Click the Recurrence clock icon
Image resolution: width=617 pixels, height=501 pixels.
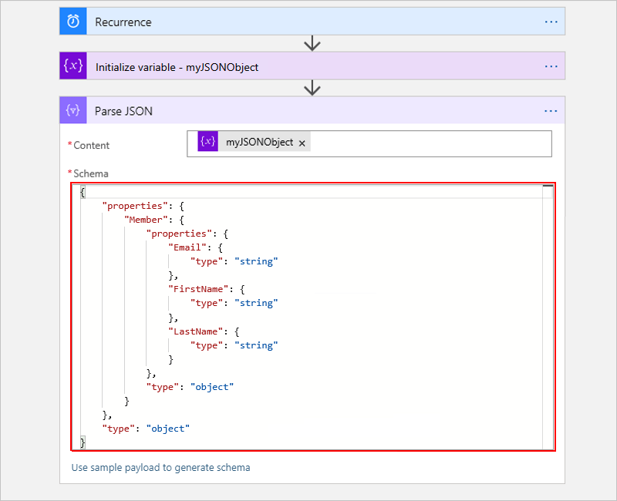(72, 22)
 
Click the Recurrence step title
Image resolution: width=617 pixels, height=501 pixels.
(123, 22)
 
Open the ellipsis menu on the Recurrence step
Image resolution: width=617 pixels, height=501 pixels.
(551, 22)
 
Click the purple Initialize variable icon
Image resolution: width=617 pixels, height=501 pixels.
(72, 66)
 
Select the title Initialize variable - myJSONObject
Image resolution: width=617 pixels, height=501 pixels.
(177, 67)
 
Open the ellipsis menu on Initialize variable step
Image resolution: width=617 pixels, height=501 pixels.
(551, 66)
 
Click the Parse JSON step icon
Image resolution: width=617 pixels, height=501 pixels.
(72, 111)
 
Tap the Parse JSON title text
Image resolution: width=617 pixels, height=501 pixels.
(123, 111)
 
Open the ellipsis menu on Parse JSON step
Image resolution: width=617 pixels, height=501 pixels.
(551, 111)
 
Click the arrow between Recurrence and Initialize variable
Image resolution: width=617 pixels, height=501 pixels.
(312, 43)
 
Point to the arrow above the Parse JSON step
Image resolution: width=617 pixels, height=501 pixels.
(312, 88)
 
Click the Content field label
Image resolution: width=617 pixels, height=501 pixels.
(91, 145)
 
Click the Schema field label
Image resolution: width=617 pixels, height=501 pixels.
(90, 173)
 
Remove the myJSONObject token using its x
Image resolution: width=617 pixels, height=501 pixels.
(302, 143)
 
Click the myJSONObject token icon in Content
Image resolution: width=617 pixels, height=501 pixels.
(207, 142)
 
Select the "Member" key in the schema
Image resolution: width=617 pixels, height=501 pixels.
(145, 220)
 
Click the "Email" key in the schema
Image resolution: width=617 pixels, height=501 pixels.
(187, 247)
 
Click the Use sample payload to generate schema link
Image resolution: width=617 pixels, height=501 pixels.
(160, 467)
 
